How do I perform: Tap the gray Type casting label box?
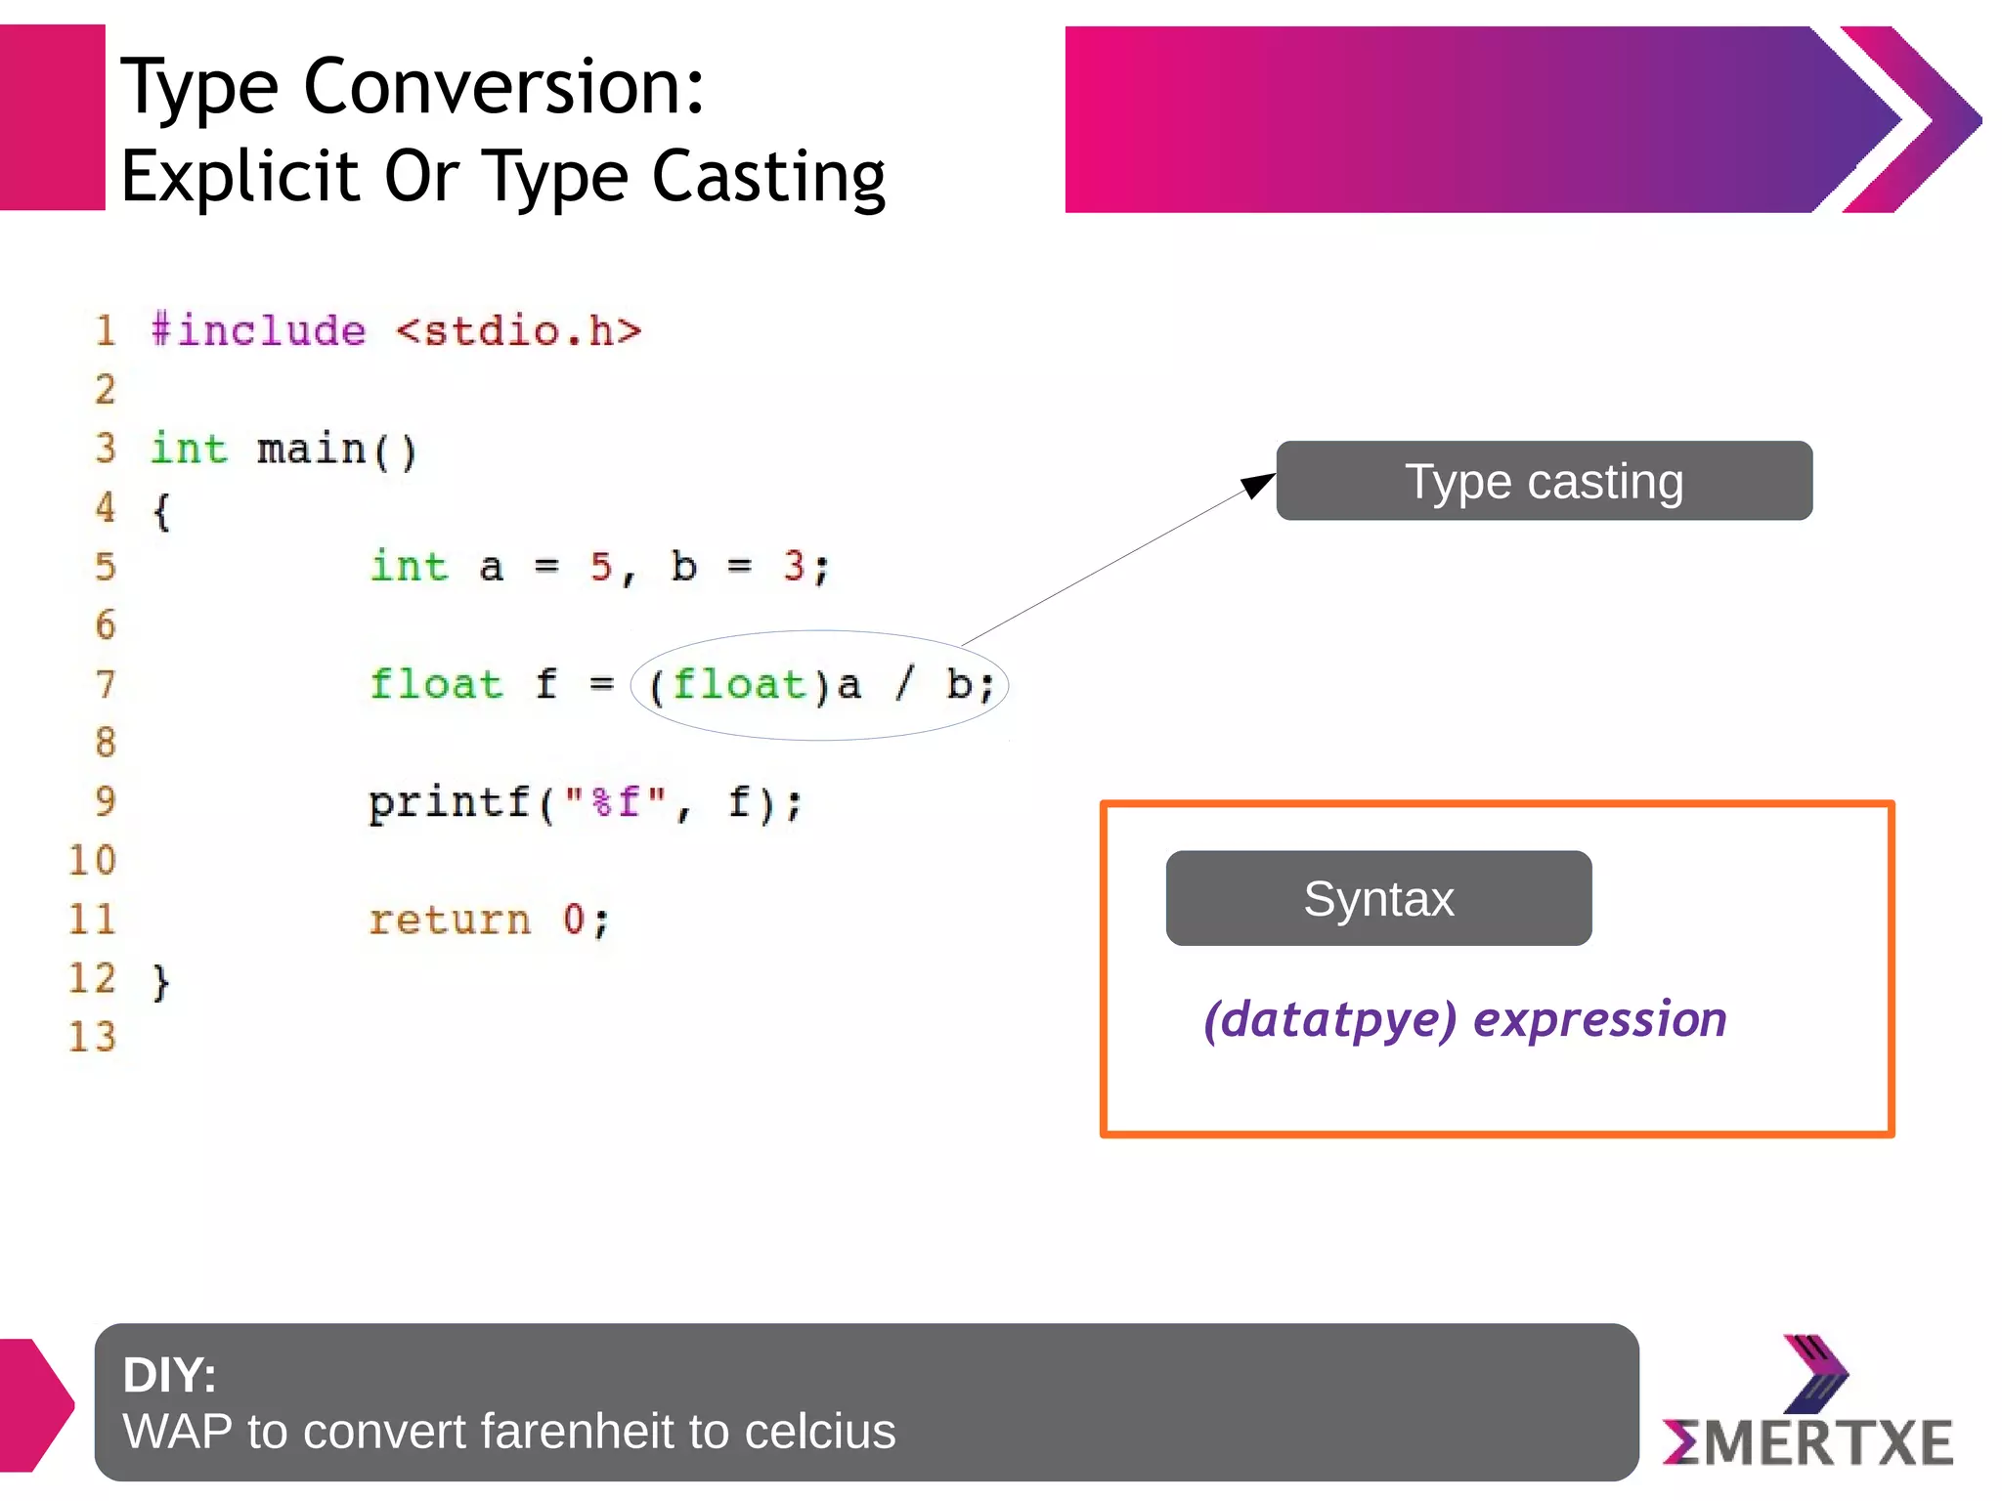point(1544,481)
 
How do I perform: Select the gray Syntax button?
point(1378,898)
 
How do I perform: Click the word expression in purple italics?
point(1600,1019)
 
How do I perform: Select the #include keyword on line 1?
point(259,330)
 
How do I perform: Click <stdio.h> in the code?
point(519,331)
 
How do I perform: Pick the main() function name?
point(336,450)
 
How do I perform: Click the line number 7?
point(106,684)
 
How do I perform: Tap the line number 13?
point(92,1037)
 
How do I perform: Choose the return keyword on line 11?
point(449,920)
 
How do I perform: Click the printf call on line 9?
point(449,802)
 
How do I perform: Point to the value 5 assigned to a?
point(600,567)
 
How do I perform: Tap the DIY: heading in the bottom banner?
point(169,1375)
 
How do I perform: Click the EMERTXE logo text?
point(1808,1442)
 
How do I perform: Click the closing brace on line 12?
point(161,980)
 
